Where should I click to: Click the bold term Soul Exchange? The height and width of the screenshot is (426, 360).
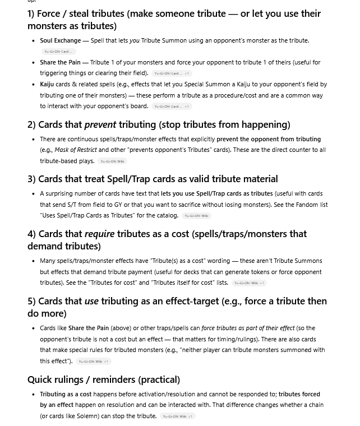[x=60, y=40]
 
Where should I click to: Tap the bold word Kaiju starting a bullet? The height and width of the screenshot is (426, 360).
[x=47, y=84]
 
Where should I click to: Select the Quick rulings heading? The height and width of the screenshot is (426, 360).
[x=104, y=379]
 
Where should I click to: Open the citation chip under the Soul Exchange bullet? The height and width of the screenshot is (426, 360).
[x=58, y=52]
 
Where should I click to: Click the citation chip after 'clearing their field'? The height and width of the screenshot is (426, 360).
[x=172, y=73]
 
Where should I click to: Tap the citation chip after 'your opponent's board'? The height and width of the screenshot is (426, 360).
[x=172, y=106]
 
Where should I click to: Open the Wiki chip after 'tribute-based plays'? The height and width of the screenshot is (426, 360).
[x=113, y=161]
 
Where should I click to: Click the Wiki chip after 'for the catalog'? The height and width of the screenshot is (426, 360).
[x=196, y=216]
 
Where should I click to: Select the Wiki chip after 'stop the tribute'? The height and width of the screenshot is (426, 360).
[x=177, y=416]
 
